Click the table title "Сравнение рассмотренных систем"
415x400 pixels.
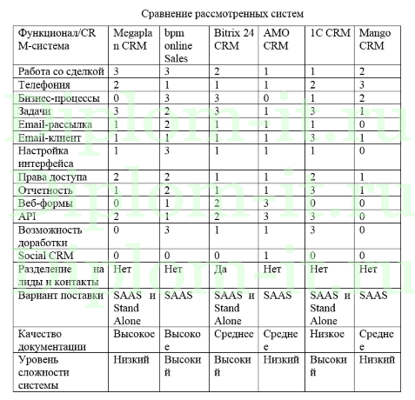[207, 14]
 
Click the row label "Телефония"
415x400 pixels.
[44, 83]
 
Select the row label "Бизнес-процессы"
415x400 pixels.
[57, 97]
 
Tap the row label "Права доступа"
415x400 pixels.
[51, 177]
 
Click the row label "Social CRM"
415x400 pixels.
[46, 255]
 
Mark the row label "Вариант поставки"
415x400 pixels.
[57, 296]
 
